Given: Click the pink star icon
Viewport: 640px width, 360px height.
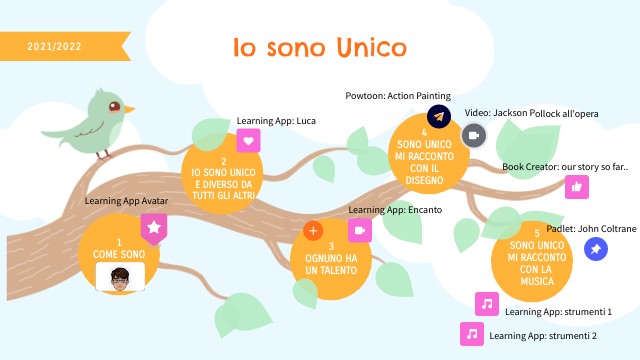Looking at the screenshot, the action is [x=154, y=228].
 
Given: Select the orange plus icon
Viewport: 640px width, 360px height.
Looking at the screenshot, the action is [x=313, y=231].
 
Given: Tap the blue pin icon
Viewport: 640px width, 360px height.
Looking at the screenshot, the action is [x=596, y=248].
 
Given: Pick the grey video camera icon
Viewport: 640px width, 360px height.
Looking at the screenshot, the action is [x=474, y=134].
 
